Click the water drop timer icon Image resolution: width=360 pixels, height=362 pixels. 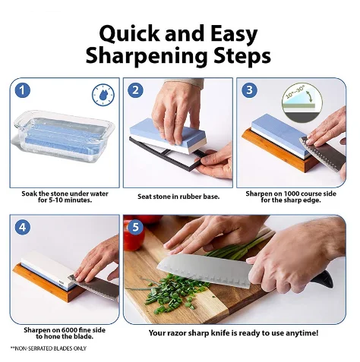point(101,93)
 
